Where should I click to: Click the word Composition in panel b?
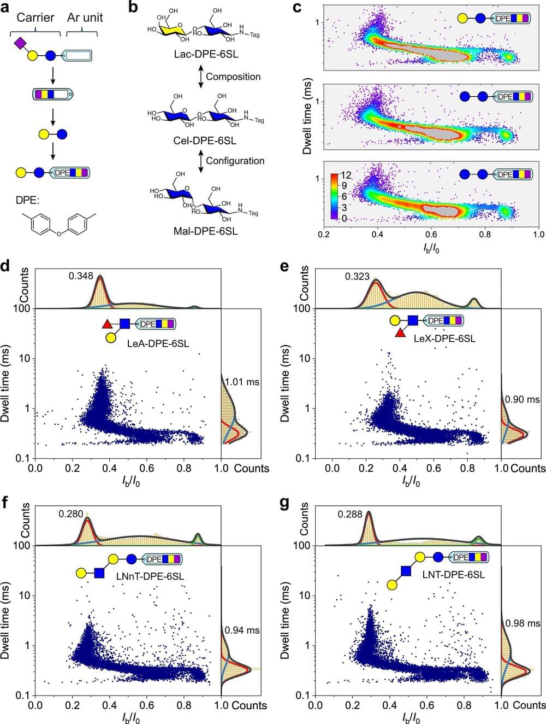click(233, 77)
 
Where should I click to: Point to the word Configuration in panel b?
click(235, 161)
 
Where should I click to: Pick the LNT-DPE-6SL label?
click(458, 575)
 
